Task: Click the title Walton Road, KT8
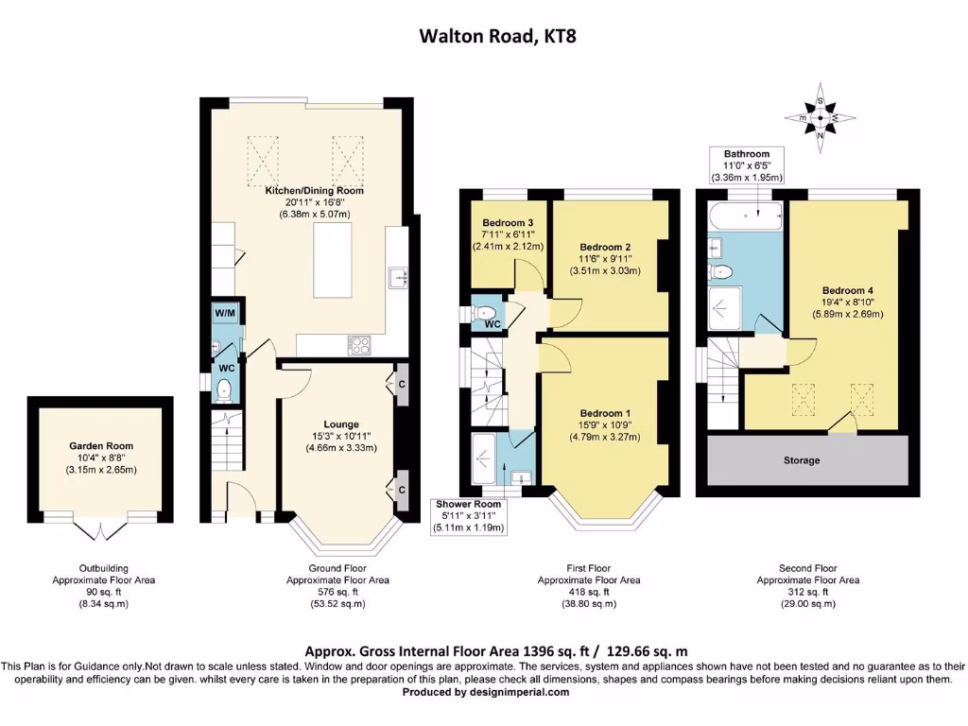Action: pos(483,37)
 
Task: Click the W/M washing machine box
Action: pos(226,313)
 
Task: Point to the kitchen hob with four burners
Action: pos(359,344)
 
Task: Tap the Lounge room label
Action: pos(341,424)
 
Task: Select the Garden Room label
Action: pos(101,445)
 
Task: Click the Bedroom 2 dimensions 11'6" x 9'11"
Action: pos(605,257)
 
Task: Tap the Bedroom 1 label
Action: pos(605,413)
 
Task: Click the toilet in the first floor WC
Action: pos(487,314)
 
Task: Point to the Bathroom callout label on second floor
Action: pos(746,154)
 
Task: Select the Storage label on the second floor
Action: pos(801,460)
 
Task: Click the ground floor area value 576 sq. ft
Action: pos(337,592)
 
